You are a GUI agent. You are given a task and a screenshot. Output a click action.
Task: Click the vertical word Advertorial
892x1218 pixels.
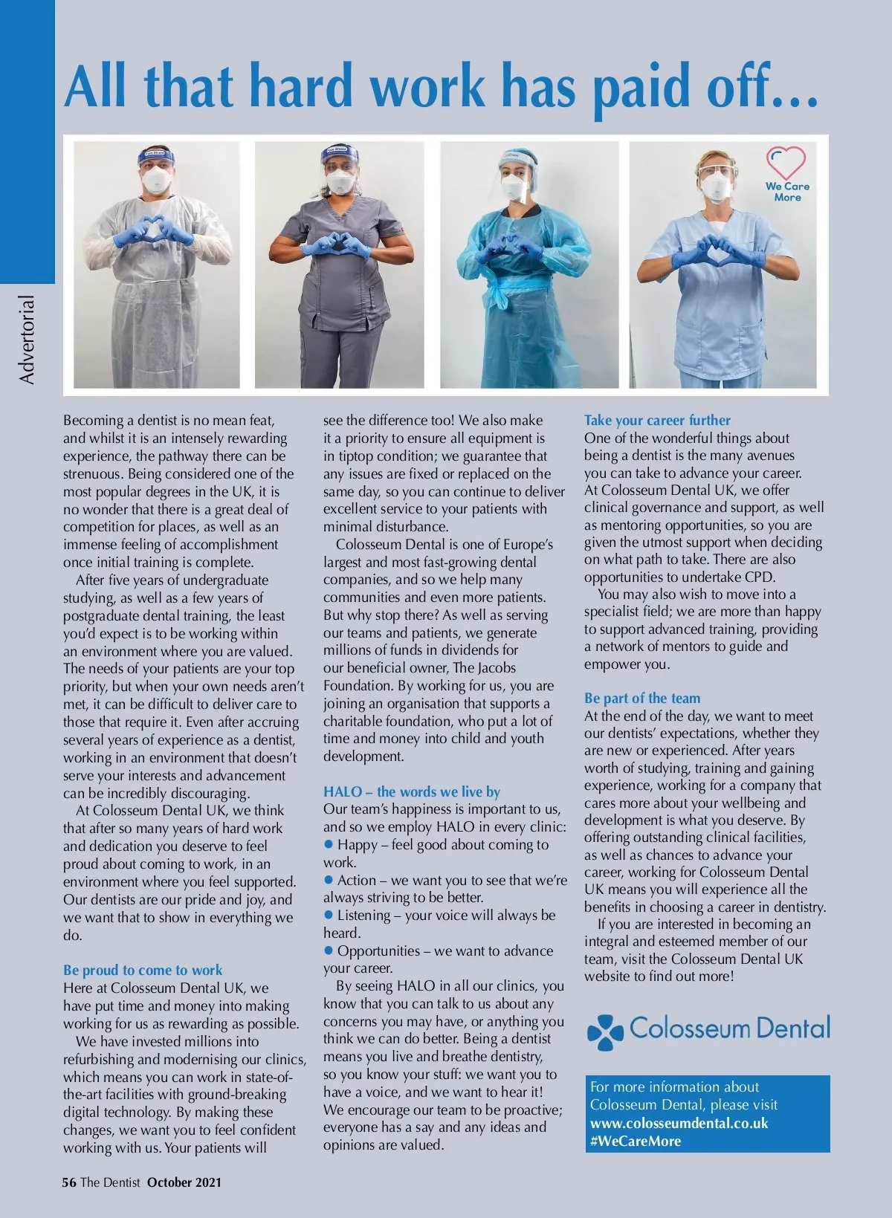pos(27,340)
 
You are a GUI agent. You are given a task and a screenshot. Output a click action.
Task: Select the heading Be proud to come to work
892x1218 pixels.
pos(143,970)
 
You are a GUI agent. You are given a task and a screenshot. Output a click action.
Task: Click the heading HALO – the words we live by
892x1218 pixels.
pos(411,791)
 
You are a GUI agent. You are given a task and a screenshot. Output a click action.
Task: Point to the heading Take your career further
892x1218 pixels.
pos(657,420)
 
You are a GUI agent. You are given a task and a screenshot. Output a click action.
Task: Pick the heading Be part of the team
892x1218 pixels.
pos(642,698)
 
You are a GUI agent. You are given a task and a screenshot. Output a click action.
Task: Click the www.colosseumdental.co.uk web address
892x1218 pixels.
pos(679,1123)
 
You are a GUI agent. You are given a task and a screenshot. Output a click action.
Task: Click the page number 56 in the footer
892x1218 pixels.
pos(69,1182)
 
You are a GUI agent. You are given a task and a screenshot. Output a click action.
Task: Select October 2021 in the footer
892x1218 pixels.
pos(184,1182)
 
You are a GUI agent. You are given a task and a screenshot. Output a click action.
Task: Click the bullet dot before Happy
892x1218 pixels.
pos(329,845)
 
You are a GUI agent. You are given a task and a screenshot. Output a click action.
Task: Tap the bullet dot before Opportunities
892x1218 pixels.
pos(329,951)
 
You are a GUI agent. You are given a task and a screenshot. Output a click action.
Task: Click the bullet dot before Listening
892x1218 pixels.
pos(329,916)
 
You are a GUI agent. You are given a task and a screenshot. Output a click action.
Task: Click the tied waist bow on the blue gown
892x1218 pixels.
pos(496,294)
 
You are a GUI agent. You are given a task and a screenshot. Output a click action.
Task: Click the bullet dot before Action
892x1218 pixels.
pos(329,881)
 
